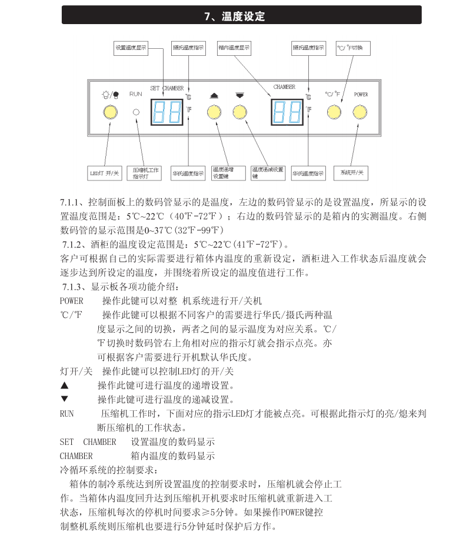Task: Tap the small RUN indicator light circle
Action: [x=136, y=111]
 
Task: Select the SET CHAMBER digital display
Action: [x=167, y=111]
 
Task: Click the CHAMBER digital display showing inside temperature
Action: [x=287, y=111]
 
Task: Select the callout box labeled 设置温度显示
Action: [x=131, y=48]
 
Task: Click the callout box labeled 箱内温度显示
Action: [x=234, y=48]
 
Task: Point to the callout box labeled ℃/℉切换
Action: [x=352, y=48]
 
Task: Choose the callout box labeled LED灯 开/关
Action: [x=104, y=173]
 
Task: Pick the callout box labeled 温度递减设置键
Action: [x=267, y=172]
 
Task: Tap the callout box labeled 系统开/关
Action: [x=352, y=173]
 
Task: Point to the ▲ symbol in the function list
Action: [x=65, y=386]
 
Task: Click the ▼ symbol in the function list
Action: [x=65, y=399]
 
